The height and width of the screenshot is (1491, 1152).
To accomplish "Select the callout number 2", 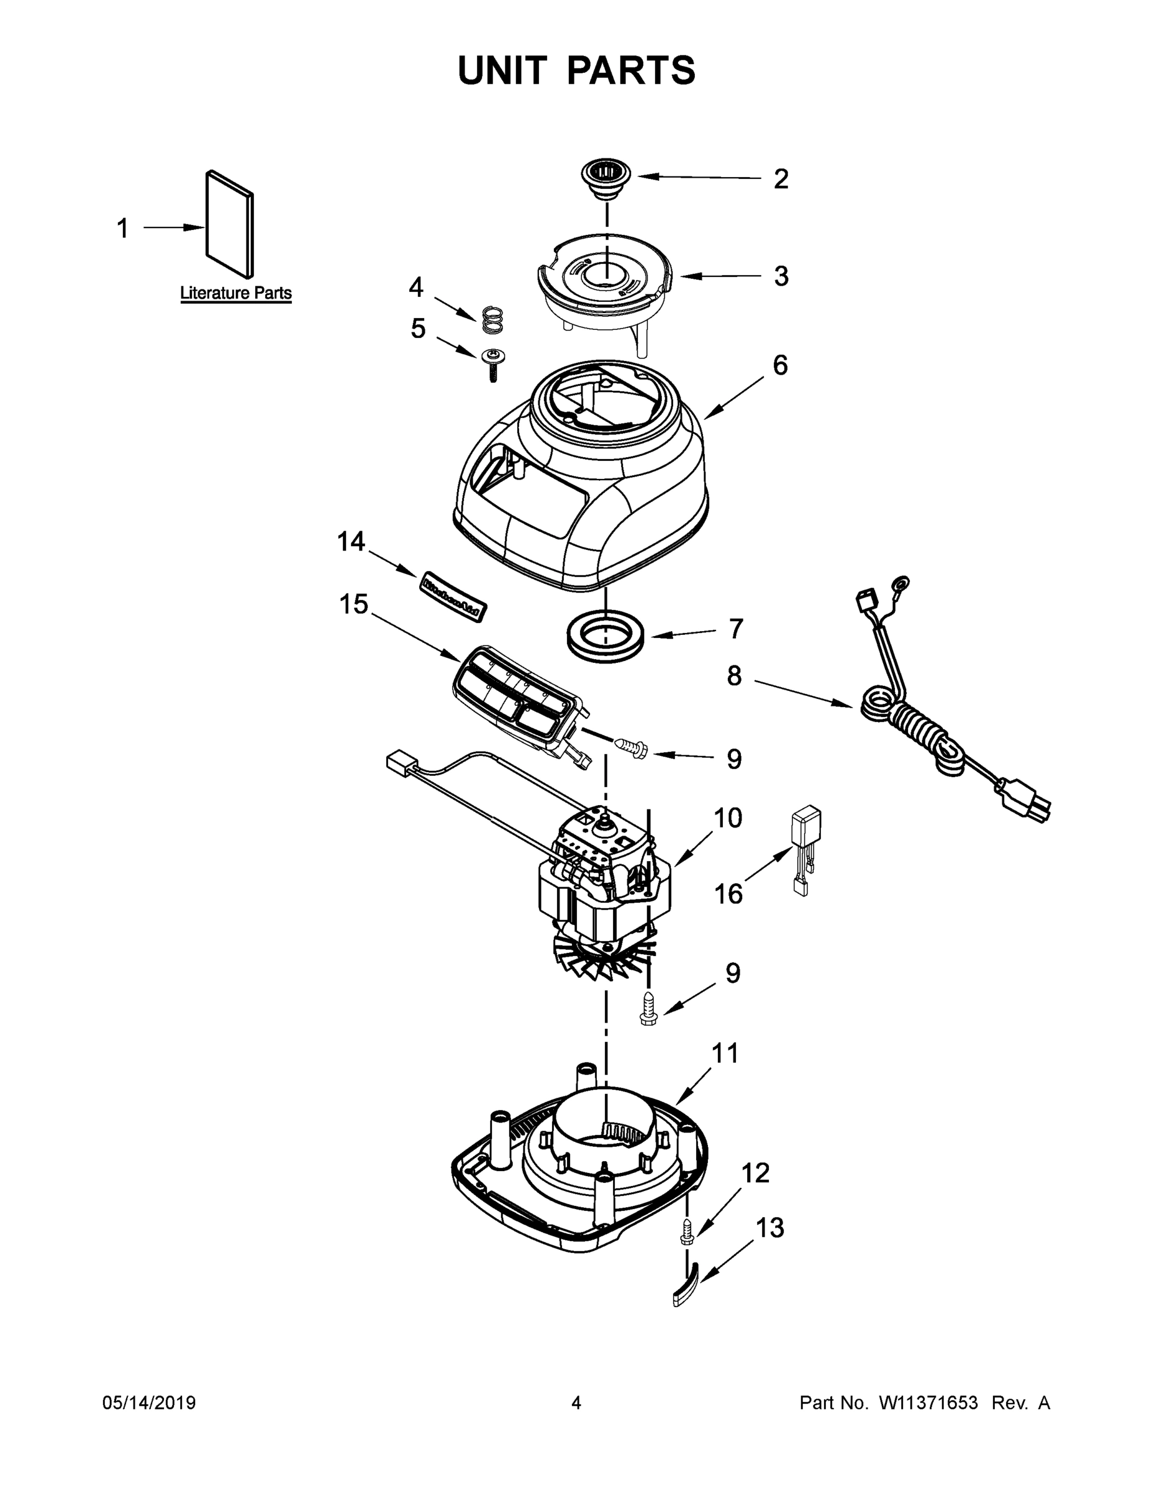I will pos(781,179).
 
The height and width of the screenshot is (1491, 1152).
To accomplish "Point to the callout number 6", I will pos(780,366).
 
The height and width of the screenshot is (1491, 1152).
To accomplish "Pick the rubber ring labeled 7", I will pos(604,636).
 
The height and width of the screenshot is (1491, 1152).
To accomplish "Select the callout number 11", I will pos(725,1054).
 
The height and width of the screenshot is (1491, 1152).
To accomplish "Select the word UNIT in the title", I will pos(502,70).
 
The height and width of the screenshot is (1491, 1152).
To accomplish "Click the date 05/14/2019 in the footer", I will pos(149,1403).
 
